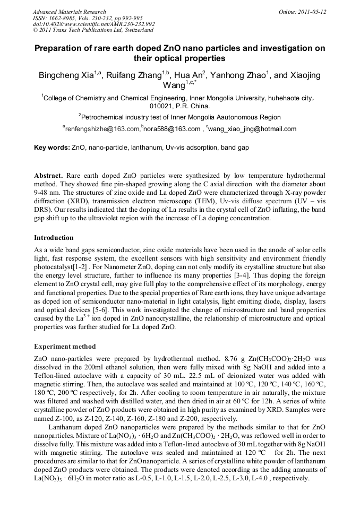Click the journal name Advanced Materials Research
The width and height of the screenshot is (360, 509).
[69, 12]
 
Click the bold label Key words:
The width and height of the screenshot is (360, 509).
[52, 147]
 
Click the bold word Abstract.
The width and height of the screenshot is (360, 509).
[49, 176]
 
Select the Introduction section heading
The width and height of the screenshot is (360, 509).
[54, 237]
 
